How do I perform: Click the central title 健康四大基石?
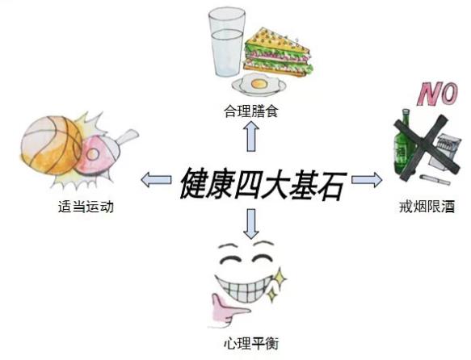tap(263, 183)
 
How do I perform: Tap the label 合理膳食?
tap(251, 111)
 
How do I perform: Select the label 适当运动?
tap(86, 207)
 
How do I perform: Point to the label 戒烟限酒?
tap(427, 207)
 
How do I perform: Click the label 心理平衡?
tap(251, 343)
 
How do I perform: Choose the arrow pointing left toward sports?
tap(156, 180)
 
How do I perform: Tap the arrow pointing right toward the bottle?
tap(367, 180)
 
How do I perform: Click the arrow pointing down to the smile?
tap(251, 224)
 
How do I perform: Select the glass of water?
tap(227, 43)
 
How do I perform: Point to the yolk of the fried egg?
tap(259, 84)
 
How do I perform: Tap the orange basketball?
tap(51, 145)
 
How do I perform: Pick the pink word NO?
tap(438, 94)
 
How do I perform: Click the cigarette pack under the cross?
tap(444, 153)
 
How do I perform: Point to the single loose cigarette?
tap(435, 179)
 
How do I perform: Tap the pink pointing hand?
tap(229, 311)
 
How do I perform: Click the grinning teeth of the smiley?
tap(247, 287)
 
